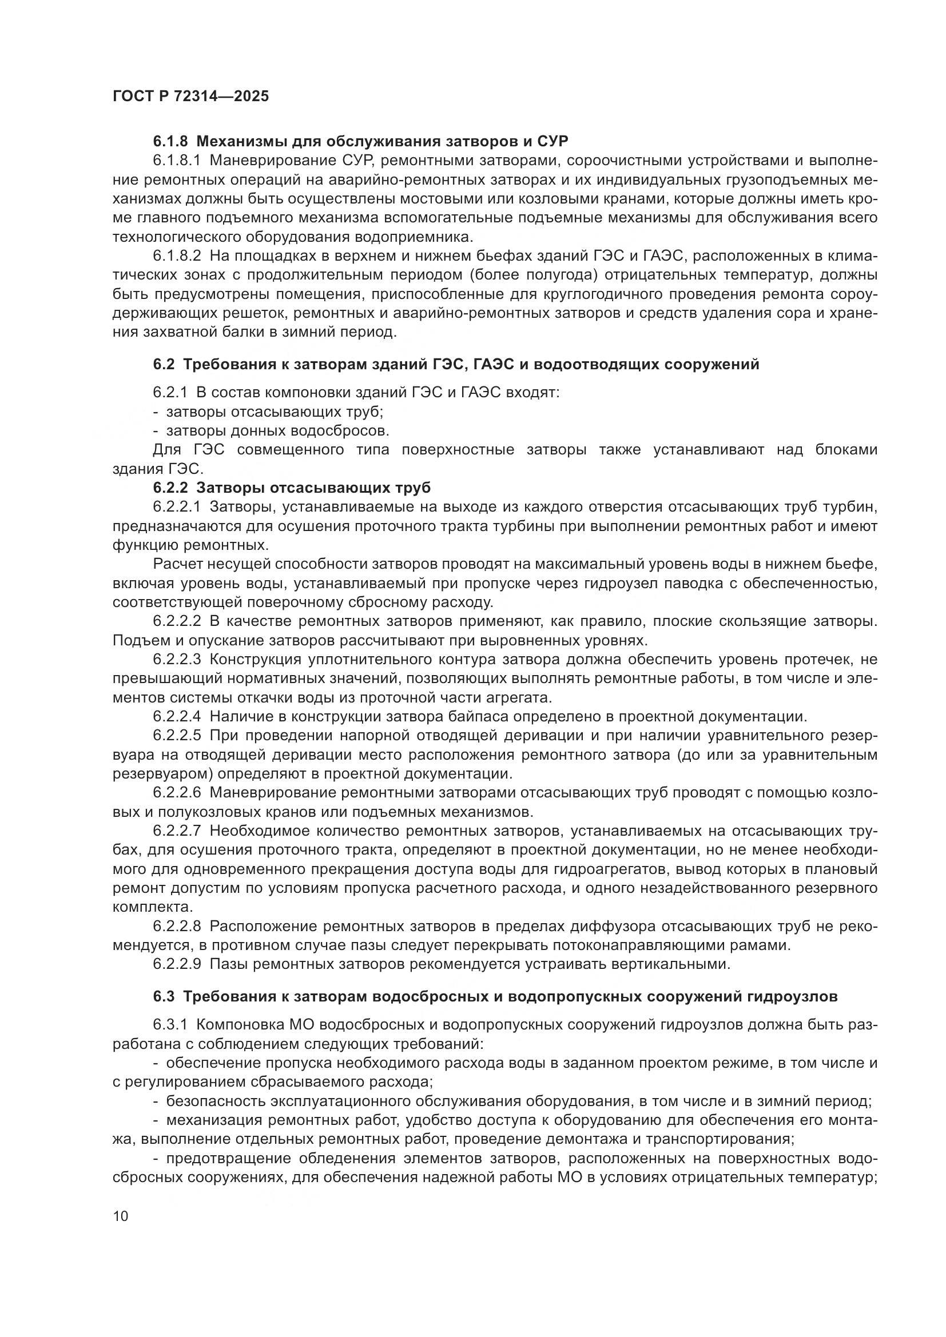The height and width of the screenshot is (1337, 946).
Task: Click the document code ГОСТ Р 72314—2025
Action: (190, 97)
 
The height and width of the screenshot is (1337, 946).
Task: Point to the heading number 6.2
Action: (164, 365)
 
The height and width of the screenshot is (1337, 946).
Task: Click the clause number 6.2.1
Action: (170, 393)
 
